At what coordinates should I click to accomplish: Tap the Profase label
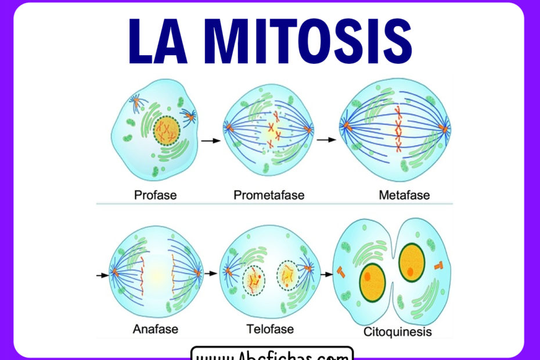(x=155, y=195)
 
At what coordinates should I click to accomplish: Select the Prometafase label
(x=269, y=195)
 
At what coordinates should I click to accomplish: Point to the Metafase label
(x=404, y=195)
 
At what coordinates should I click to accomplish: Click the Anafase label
(x=155, y=329)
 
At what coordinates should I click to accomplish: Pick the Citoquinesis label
(x=398, y=332)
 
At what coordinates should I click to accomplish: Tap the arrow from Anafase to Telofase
(x=213, y=273)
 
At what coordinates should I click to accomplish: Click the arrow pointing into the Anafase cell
(x=102, y=275)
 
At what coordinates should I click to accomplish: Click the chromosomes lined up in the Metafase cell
(x=398, y=129)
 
